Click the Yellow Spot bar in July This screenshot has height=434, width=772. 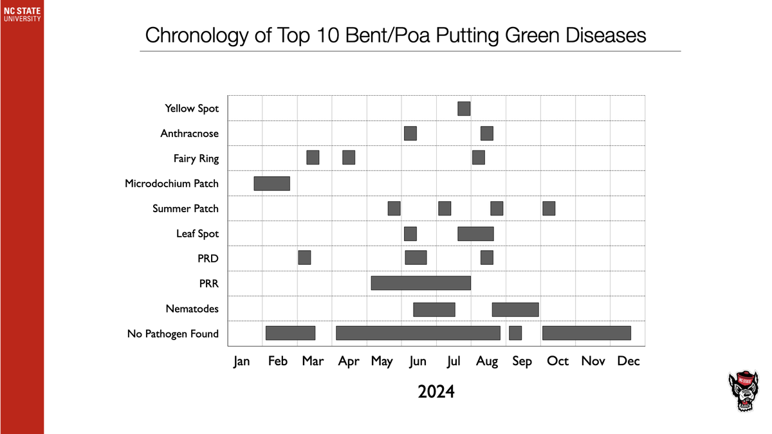pos(464,109)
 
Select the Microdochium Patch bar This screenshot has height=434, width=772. pos(271,183)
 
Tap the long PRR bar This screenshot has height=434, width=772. pos(421,283)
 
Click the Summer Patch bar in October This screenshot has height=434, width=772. pos(549,208)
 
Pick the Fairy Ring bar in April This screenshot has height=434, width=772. pos(349,158)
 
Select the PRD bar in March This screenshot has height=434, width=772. pos(304,257)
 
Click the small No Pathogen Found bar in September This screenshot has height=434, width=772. pos(515,333)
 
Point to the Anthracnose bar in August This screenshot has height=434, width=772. pos(487,133)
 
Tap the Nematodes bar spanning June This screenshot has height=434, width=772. pos(434,309)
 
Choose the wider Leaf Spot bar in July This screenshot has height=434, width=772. pos(475,233)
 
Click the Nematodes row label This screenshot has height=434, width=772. pos(192,309)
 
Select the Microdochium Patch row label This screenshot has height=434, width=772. pos(172,184)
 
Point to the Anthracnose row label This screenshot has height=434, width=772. pos(189,134)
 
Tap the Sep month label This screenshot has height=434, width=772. pos(522,361)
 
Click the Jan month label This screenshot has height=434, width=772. pos(241,361)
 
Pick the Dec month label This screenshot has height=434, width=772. pos(628,361)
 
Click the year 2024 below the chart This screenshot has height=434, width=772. pos(436,391)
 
